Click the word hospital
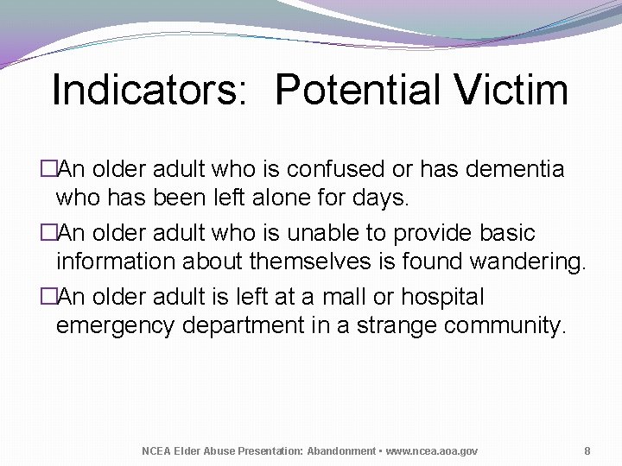[x=444, y=297]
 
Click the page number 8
[x=587, y=451]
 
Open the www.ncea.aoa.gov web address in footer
[x=431, y=451]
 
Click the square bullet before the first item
[x=48, y=170]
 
